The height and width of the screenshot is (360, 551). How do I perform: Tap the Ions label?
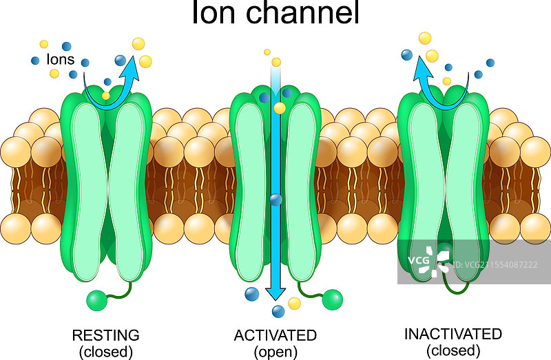tap(61, 59)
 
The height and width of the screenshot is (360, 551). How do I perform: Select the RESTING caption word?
tap(105, 335)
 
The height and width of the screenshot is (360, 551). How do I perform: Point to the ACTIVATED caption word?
tap(275, 335)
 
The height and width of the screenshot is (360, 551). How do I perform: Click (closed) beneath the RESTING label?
tap(105, 352)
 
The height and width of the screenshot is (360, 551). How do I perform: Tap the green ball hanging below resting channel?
tap(96, 300)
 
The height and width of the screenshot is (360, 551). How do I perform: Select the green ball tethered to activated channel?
tap(332, 299)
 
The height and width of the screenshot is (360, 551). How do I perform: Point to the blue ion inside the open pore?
tap(276, 200)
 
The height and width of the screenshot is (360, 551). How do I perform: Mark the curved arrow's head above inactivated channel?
tap(423, 64)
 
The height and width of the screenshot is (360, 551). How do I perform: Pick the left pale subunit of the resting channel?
tap(86, 193)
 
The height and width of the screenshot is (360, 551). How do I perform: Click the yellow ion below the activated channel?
tap(295, 304)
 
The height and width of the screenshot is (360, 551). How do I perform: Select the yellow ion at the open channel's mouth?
tap(280, 108)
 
